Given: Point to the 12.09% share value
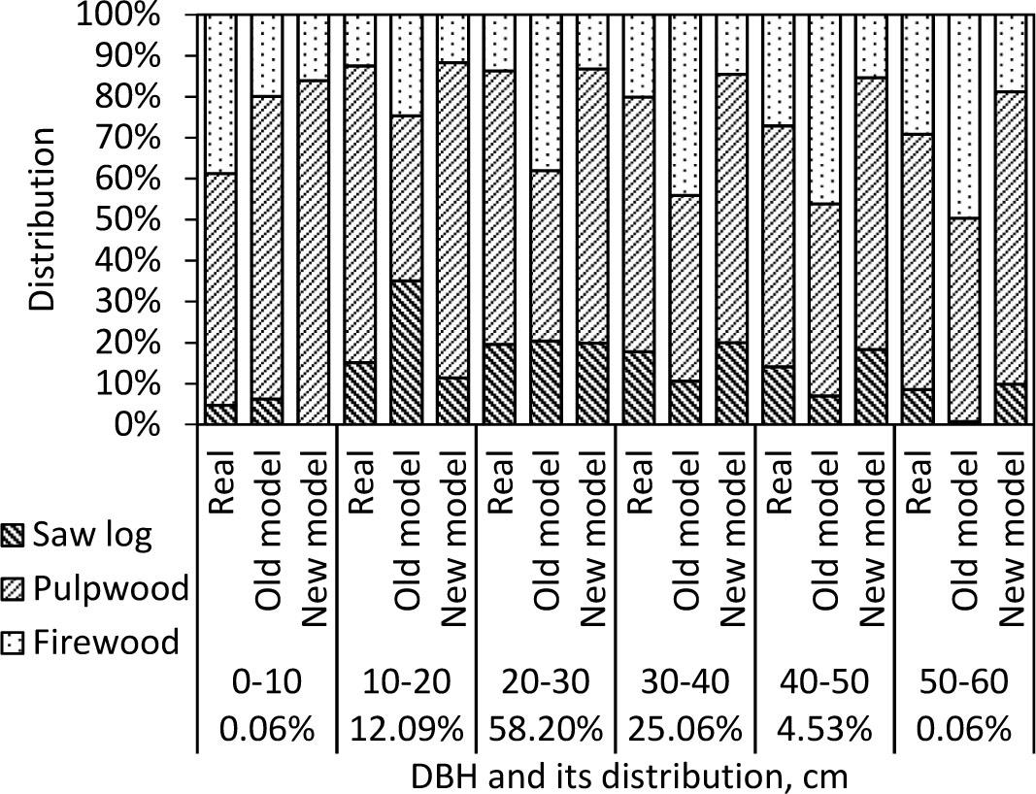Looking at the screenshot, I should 407,728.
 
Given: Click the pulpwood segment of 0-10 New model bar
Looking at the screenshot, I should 314,252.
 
